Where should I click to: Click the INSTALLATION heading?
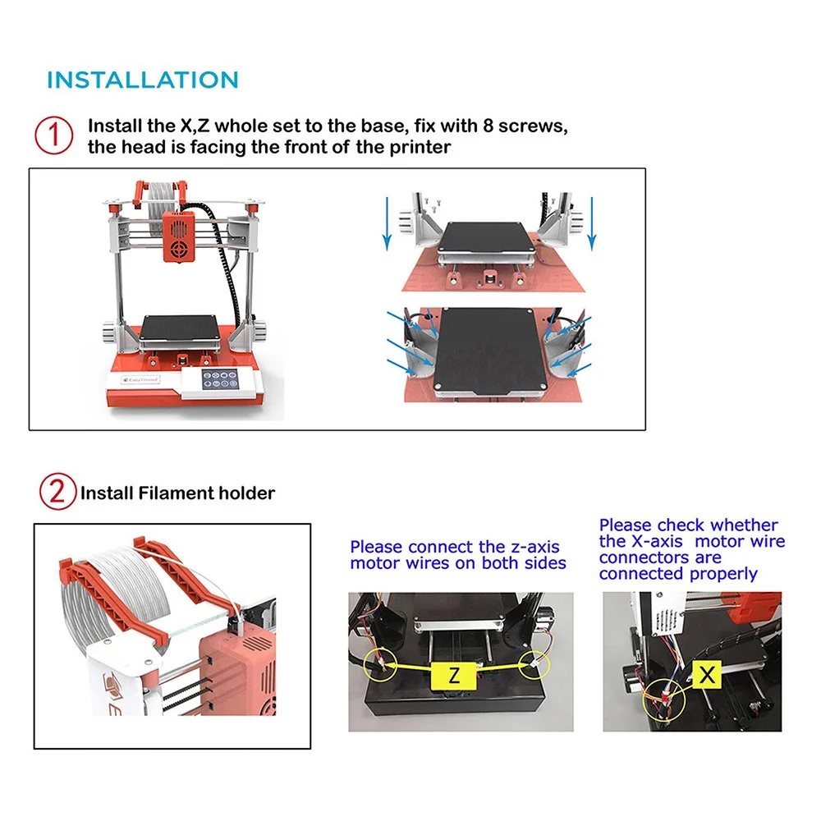point(142,80)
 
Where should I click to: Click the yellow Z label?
point(453,676)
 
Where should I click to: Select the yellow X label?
point(707,674)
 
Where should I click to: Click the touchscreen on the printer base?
point(220,379)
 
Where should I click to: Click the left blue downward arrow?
point(387,223)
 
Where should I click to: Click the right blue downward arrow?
point(592,223)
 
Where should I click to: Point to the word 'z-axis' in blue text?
point(535,547)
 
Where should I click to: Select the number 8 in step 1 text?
point(488,126)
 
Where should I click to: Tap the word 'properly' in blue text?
point(723,575)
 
